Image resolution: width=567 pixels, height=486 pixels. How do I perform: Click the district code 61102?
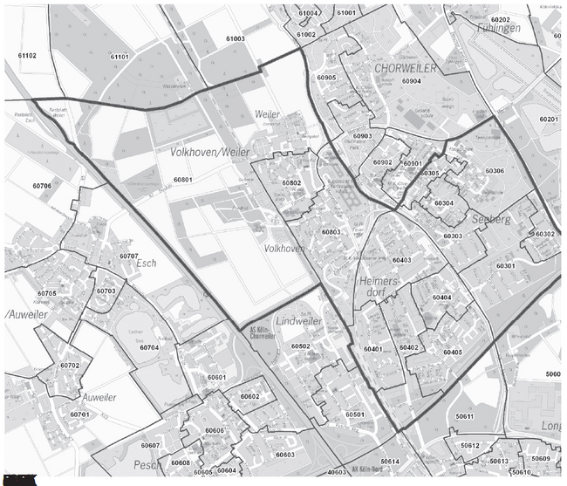tap(27, 56)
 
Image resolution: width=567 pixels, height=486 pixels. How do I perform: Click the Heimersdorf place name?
tap(377, 290)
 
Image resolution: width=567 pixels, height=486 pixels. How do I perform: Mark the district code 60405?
tap(452, 353)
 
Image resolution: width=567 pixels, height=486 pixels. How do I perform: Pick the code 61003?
tap(235, 39)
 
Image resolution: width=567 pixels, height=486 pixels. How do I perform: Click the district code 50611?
tap(464, 417)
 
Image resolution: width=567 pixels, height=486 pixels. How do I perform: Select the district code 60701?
tap(80, 414)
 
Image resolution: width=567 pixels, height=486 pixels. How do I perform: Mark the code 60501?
tap(354, 414)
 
